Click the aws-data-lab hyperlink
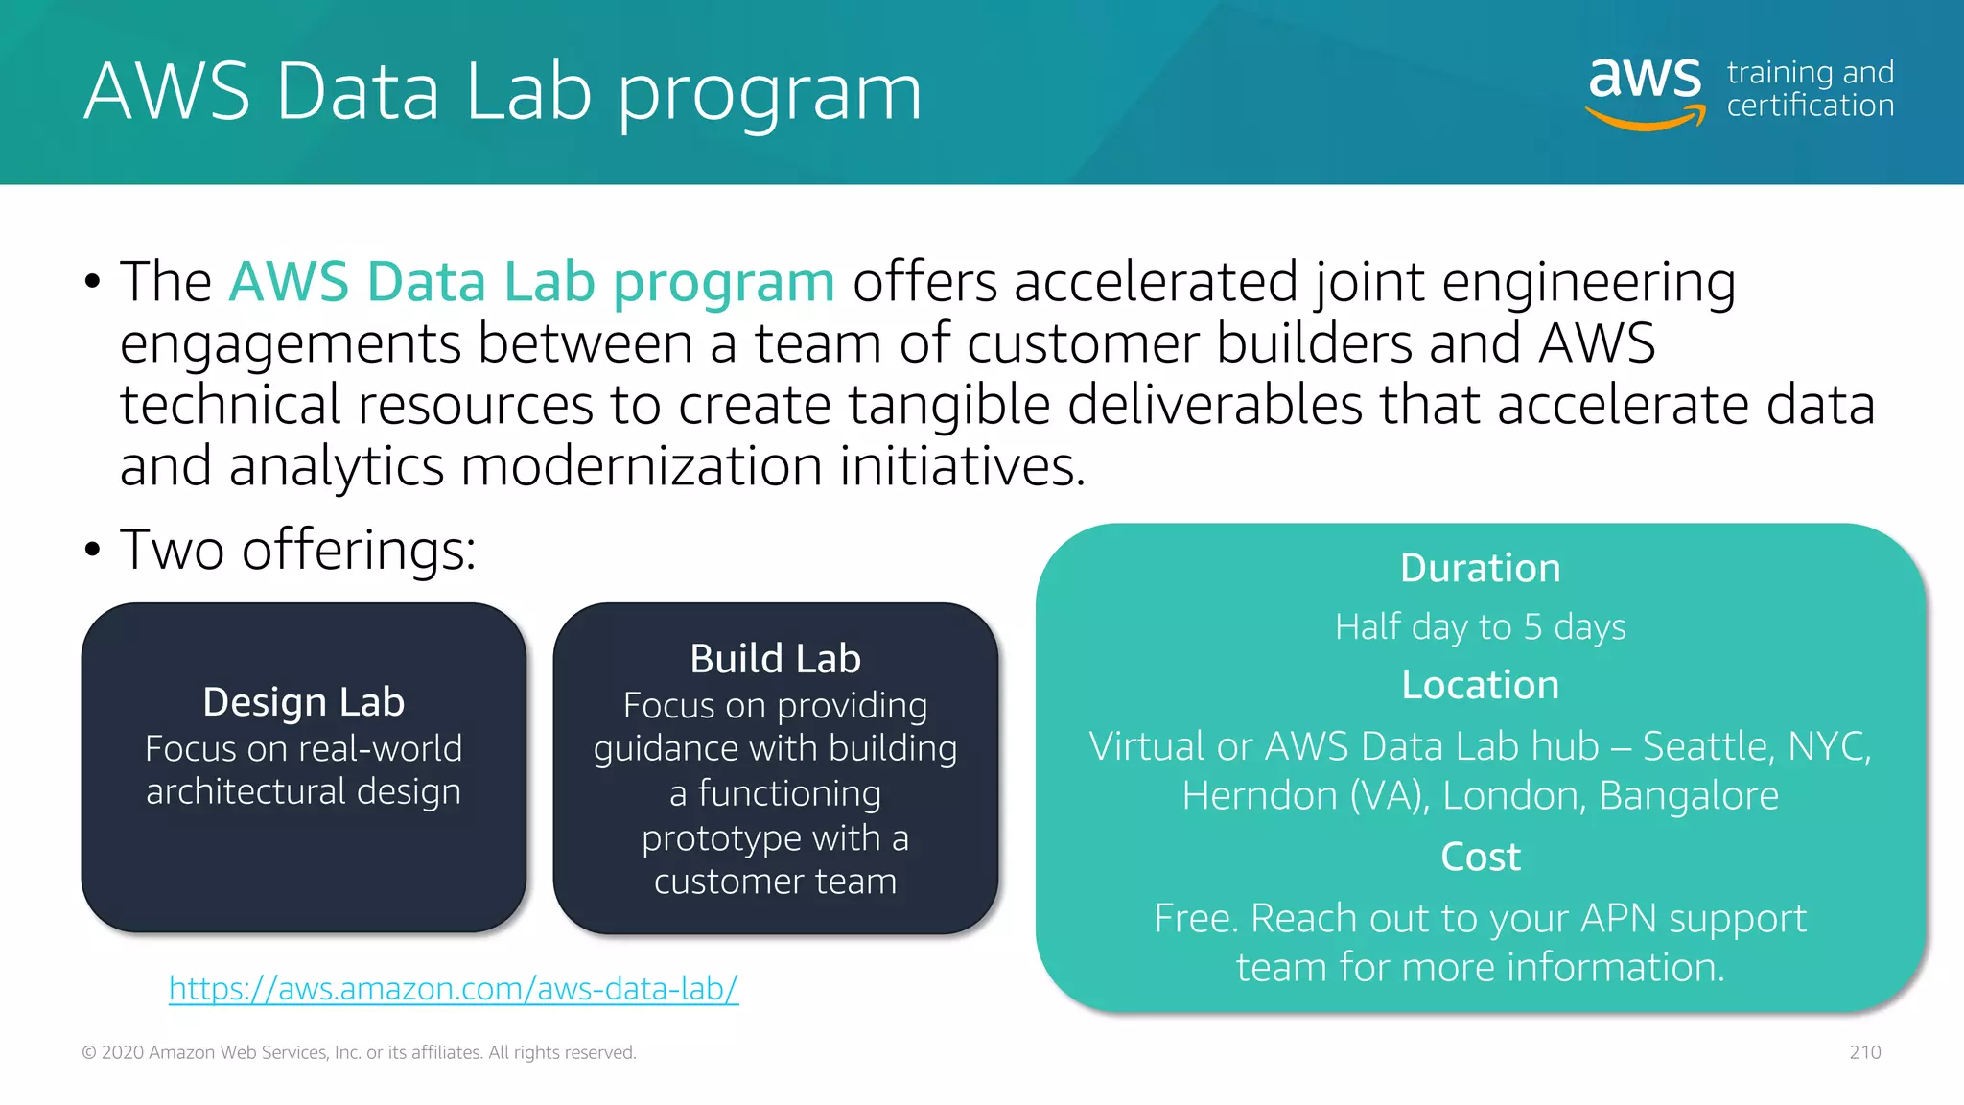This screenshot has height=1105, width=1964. [454, 988]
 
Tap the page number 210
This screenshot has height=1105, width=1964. [1864, 1052]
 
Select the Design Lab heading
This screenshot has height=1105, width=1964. [303, 702]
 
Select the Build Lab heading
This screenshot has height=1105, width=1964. [775, 659]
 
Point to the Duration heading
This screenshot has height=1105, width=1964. [1480, 568]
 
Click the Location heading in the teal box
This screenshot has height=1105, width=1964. [1480, 685]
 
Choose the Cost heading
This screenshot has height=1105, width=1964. [1480, 857]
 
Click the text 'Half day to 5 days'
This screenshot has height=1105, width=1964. [1480, 627]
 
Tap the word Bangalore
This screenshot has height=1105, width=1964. [1688, 796]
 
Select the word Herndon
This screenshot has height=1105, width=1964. [1259, 796]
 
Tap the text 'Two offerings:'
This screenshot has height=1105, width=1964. [297, 551]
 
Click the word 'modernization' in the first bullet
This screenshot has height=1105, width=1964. [641, 467]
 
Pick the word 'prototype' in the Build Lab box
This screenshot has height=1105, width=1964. [705, 839]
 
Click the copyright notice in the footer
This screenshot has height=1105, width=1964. [359, 1052]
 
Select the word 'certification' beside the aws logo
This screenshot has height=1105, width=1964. [1810, 106]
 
